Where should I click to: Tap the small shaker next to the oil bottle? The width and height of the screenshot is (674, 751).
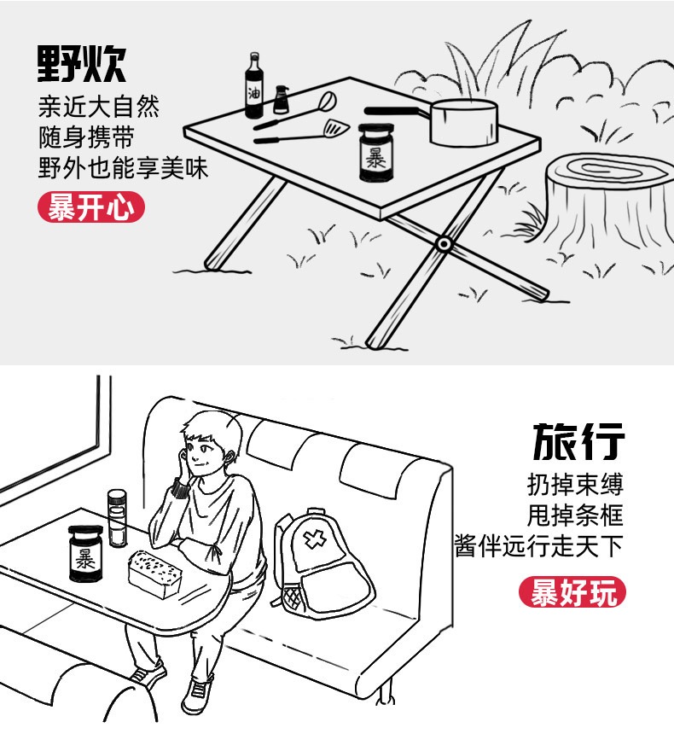pyautogui.click(x=281, y=100)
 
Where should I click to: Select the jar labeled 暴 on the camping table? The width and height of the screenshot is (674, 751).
pyautogui.click(x=376, y=153)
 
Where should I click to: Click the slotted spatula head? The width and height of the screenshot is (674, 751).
pyautogui.click(x=337, y=128)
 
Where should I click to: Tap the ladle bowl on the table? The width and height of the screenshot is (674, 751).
pyautogui.click(x=328, y=101)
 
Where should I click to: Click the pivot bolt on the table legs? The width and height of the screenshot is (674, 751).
pyautogui.click(x=444, y=244)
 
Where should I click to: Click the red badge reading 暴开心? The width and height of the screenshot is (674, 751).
pyautogui.click(x=91, y=207)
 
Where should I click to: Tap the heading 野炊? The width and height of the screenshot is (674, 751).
pyautogui.click(x=81, y=64)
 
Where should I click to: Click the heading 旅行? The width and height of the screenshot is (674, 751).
pyautogui.click(x=578, y=441)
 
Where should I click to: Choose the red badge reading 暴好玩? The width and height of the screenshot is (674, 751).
pyautogui.click(x=572, y=592)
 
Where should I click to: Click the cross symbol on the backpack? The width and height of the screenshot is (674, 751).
pyautogui.click(x=315, y=539)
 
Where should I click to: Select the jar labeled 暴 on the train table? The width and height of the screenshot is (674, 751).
pyautogui.click(x=85, y=554)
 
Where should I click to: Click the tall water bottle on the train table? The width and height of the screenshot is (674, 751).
pyautogui.click(x=117, y=518)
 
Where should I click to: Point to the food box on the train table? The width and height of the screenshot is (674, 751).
pyautogui.click(x=155, y=573)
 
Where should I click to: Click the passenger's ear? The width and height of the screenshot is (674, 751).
pyautogui.click(x=232, y=457)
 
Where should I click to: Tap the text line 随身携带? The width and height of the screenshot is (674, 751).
pyautogui.click(x=86, y=137)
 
